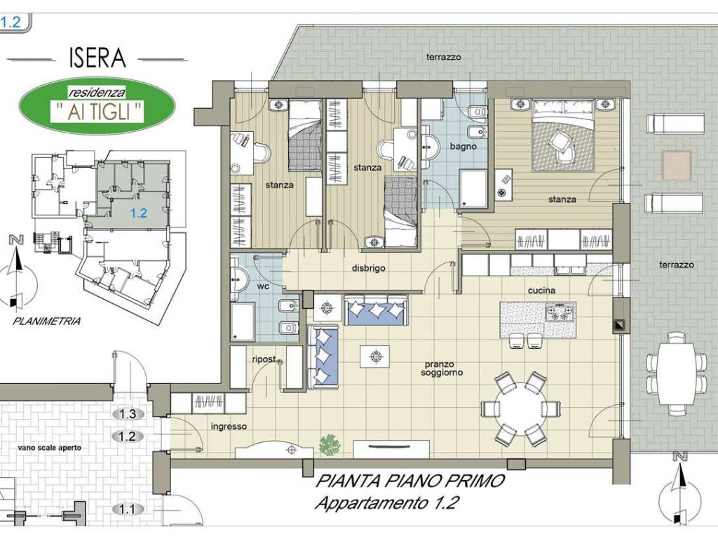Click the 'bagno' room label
[463, 147]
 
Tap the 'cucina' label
[542, 291]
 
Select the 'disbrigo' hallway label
[369, 268]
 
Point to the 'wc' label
[264, 286]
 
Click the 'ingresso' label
[229, 427]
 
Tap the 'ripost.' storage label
[264, 359]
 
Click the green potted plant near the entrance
[330, 444]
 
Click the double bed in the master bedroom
[562, 135]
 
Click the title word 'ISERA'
[97, 58]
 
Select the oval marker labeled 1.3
[128, 414]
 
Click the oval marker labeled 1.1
[128, 510]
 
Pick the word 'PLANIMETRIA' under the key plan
[47, 321]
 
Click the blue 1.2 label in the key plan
[138, 213]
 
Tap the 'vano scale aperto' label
[50, 447]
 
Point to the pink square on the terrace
[677, 165]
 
